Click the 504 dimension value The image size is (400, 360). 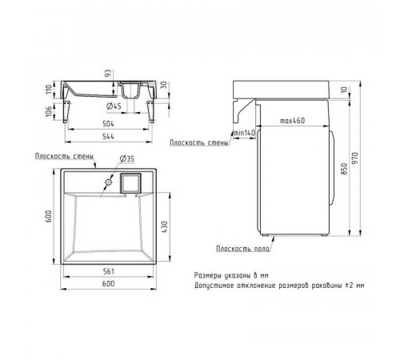pos(108,123)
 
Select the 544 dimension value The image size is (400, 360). pos(108,136)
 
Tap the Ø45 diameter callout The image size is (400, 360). pos(114,106)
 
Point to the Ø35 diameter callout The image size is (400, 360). pos(127,159)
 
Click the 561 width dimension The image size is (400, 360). pos(109,271)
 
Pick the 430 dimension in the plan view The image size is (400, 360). pos(165,227)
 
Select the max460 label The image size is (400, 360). pos(292,121)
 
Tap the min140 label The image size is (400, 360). pos(244,133)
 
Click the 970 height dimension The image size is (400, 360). pos(356,158)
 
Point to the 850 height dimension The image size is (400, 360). pos(344,169)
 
